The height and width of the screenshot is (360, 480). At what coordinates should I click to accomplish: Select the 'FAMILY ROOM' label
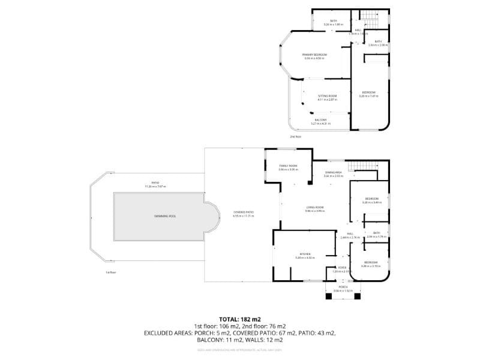(288, 166)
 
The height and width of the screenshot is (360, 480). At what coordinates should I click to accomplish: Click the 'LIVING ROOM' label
(314, 208)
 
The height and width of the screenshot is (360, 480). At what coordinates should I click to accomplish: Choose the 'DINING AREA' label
(333, 173)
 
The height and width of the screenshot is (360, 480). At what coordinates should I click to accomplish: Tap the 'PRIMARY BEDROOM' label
(314, 55)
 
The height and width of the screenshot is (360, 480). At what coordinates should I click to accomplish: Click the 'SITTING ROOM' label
(327, 96)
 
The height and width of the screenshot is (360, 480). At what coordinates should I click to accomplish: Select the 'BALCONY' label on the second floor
(321, 120)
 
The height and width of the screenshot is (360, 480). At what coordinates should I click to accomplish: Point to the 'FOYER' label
(341, 268)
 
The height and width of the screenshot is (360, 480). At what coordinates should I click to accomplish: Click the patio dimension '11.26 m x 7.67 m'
(155, 187)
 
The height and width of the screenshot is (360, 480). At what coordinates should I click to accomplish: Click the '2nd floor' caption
(295, 137)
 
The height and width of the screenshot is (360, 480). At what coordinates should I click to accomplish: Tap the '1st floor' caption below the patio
(110, 272)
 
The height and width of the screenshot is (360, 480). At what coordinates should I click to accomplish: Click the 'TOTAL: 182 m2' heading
(240, 319)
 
